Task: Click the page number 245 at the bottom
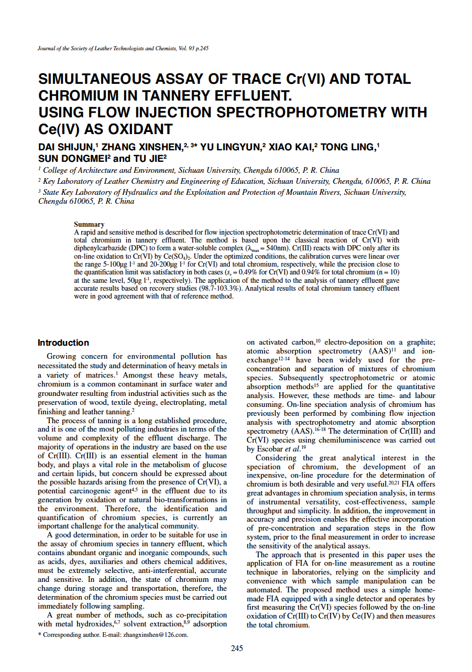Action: click(237, 648)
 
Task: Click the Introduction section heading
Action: click(63, 343)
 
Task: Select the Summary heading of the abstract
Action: click(89, 224)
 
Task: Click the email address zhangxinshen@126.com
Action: click(156, 635)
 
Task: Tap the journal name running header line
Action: click(124, 48)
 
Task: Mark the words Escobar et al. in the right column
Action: click(277, 449)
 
